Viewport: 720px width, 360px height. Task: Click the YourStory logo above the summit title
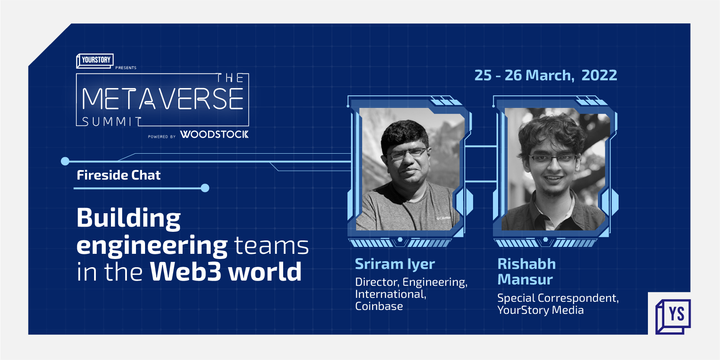click(x=95, y=60)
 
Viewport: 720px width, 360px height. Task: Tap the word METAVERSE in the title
click(x=163, y=99)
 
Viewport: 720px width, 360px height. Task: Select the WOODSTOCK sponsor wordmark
click(x=214, y=134)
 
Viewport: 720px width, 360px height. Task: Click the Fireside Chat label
click(x=118, y=175)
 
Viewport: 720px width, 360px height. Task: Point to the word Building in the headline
click(x=129, y=218)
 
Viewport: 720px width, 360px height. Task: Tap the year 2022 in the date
click(x=599, y=76)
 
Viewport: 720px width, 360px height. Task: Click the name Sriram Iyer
click(x=395, y=264)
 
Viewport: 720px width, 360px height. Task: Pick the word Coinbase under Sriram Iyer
click(x=379, y=306)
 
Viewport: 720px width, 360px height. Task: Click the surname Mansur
click(x=525, y=280)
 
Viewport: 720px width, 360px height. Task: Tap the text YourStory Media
click(x=540, y=310)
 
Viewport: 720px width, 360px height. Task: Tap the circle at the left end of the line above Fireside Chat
click(x=65, y=161)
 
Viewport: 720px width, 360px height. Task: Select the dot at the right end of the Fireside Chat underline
click(x=205, y=188)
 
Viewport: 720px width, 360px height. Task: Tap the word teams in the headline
click(x=272, y=246)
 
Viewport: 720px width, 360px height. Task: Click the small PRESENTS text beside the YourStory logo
click(x=126, y=68)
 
